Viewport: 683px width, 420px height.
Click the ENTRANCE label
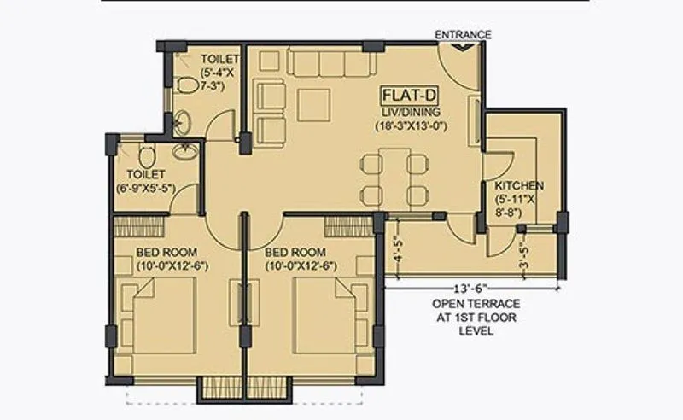point(464,35)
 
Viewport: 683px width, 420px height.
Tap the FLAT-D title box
point(409,96)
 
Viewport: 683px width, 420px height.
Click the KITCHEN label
point(519,186)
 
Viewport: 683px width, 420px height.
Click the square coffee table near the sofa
point(312,102)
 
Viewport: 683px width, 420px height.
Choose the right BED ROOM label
point(295,253)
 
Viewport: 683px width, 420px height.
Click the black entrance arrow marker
point(463,48)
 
